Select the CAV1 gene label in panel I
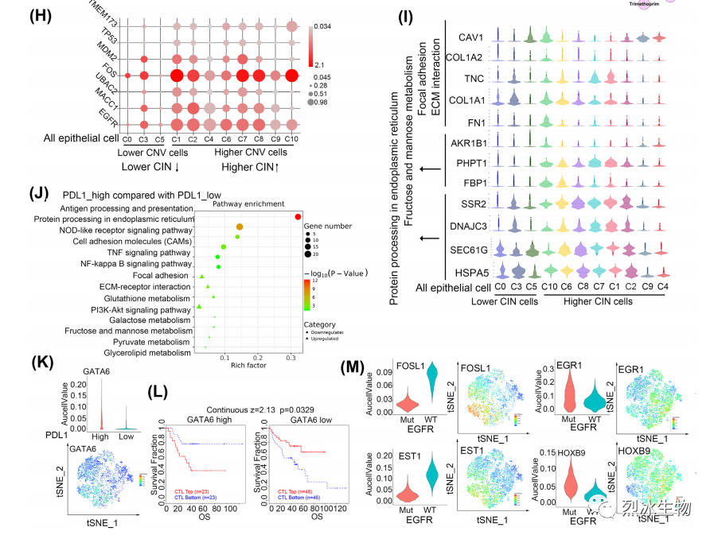(x=474, y=37)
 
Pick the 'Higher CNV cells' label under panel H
(x=253, y=152)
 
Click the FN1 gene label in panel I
(x=478, y=121)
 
